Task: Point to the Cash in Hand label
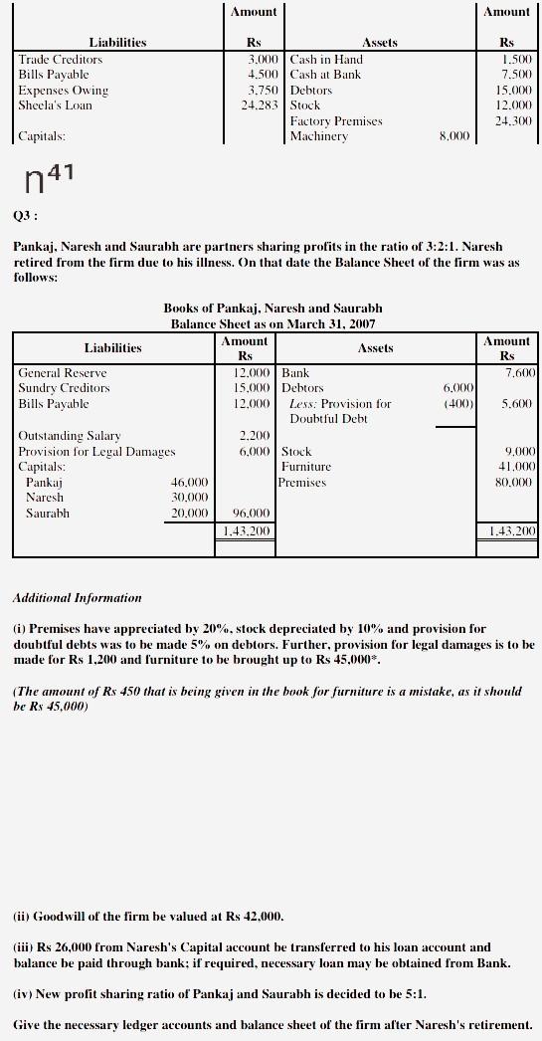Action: tap(326, 60)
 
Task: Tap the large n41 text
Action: tap(47, 181)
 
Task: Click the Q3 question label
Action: tap(25, 213)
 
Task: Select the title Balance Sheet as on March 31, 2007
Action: tap(272, 324)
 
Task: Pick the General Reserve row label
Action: tap(63, 372)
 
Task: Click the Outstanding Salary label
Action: tap(70, 435)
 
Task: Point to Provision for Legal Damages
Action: tap(96, 451)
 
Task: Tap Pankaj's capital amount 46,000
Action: tap(189, 482)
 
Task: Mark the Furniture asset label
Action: tap(306, 466)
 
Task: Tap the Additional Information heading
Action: tap(77, 598)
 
